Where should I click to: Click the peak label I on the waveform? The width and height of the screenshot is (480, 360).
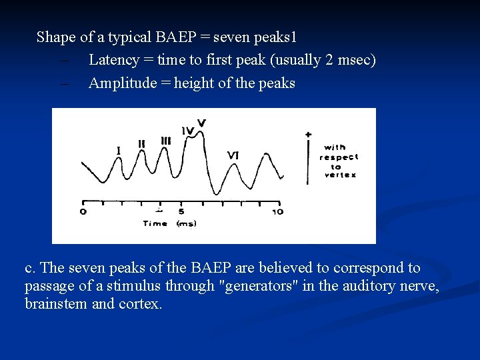pyautogui.click(x=119, y=151)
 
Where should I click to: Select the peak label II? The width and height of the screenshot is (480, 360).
pyautogui.click(x=141, y=143)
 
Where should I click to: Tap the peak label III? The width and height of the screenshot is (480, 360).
pyautogui.click(x=165, y=141)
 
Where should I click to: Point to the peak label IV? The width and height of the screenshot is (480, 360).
pyautogui.click(x=187, y=131)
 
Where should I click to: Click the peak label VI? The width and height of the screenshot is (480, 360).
pyautogui.click(x=233, y=155)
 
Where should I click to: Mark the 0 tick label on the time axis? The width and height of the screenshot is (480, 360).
pyautogui.click(x=83, y=211)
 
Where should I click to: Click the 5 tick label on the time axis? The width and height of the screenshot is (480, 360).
pyautogui.click(x=181, y=211)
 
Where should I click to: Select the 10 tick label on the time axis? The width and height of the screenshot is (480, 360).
pyautogui.click(x=277, y=211)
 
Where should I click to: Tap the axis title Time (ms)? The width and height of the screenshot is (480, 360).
pyautogui.click(x=169, y=224)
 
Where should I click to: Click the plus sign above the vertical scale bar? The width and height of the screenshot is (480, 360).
pyautogui.click(x=308, y=134)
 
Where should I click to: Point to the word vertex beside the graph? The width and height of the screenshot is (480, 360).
pyautogui.click(x=340, y=175)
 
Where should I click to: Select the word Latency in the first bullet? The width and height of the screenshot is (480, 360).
pyautogui.click(x=114, y=60)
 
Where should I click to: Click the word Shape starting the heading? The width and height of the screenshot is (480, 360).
pyautogui.click(x=56, y=37)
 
